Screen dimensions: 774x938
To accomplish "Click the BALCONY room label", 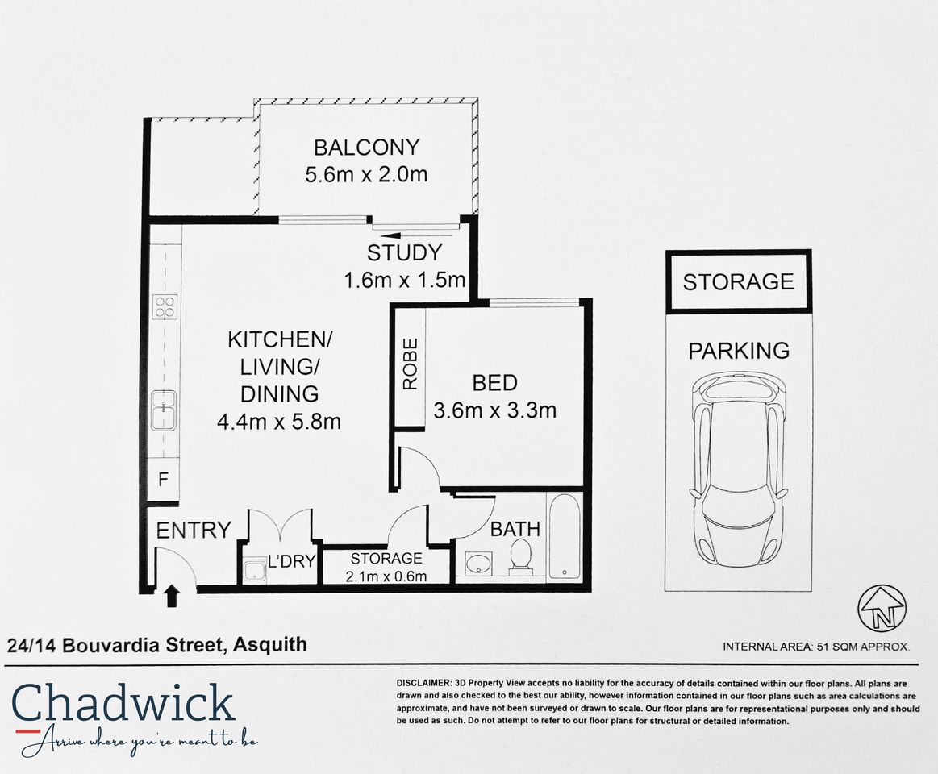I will (366, 148).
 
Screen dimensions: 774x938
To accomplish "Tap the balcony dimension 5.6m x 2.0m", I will (366, 174).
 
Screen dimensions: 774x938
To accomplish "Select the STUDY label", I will (404, 252).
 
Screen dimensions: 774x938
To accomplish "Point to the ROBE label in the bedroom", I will (410, 364).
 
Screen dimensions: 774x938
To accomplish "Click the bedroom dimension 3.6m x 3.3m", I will (494, 410).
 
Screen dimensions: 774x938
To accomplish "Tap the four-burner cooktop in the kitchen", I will (165, 306).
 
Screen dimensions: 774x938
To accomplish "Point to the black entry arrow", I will (172, 596).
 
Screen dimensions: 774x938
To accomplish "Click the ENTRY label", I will (194, 531).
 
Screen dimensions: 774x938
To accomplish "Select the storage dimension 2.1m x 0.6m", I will (386, 576).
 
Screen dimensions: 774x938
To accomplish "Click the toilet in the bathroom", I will (520, 557).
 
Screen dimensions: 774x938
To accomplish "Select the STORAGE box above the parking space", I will (738, 281).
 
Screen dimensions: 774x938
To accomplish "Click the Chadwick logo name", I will (123, 703).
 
